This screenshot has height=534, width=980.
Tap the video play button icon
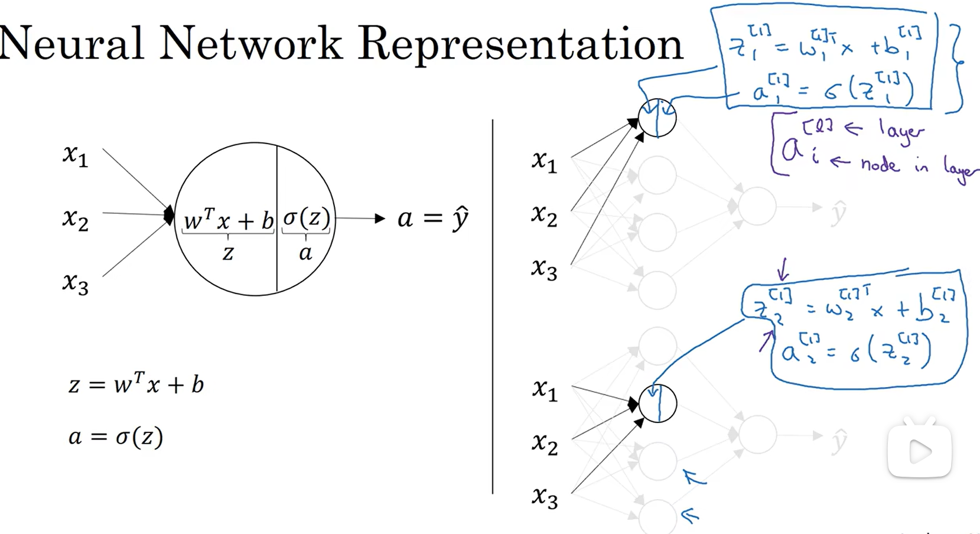point(920,452)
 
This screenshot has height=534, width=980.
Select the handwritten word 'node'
point(880,164)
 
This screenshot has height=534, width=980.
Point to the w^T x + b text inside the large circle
point(229,220)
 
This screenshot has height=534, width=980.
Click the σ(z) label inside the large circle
point(306,218)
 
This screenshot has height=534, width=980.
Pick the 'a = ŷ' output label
point(432,219)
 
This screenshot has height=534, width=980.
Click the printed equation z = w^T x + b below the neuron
point(136,384)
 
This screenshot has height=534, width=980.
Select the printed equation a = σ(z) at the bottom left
point(116,437)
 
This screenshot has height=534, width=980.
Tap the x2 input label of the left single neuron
point(76,219)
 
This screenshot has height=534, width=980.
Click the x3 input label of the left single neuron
point(76,283)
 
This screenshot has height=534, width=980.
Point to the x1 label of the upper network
point(544,161)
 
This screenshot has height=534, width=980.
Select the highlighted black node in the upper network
point(657,118)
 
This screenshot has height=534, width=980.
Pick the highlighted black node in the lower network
point(657,403)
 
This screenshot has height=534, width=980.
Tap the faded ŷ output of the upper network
point(838,213)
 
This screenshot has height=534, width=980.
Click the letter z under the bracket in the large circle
point(228,253)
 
